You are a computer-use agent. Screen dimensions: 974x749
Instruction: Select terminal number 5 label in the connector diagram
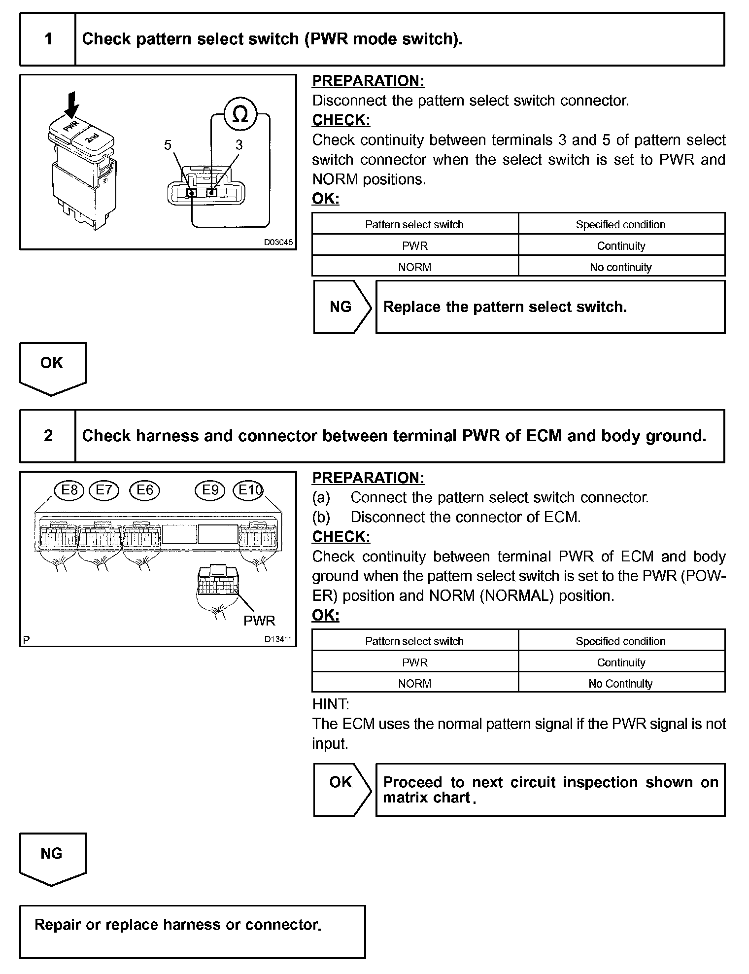point(168,145)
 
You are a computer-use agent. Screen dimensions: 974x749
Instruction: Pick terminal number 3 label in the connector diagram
point(239,145)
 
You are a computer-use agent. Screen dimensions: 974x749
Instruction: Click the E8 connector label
point(69,490)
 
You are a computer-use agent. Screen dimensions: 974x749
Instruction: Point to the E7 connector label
point(104,490)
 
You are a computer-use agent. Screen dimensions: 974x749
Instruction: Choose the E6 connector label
point(145,490)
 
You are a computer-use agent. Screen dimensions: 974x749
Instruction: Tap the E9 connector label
point(210,490)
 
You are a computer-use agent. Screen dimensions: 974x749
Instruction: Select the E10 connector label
point(249,490)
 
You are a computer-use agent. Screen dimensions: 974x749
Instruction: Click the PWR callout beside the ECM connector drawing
point(259,621)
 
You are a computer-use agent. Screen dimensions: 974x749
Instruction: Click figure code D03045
point(278,243)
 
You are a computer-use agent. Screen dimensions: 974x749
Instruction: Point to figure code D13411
point(278,639)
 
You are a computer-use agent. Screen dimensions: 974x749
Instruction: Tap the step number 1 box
point(48,39)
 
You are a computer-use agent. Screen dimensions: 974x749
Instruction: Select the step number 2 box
point(48,436)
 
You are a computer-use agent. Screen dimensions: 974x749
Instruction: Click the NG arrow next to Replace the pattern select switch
point(341,307)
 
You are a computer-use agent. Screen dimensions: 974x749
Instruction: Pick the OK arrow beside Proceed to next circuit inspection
point(341,782)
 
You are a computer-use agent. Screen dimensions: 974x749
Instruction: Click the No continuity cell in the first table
point(621,267)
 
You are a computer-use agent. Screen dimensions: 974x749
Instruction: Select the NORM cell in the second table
point(415,684)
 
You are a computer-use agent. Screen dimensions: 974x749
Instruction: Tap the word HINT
point(330,704)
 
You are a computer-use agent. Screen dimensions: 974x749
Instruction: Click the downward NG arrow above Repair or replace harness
point(52,858)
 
